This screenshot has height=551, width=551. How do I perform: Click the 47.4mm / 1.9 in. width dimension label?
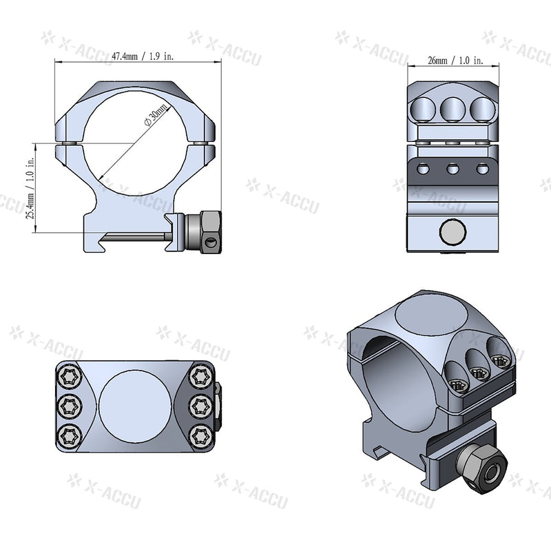[143, 57]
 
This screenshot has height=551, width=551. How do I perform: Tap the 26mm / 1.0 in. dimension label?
[455, 61]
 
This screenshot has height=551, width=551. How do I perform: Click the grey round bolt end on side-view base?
[452, 232]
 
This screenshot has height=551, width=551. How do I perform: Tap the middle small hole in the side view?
[453, 168]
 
